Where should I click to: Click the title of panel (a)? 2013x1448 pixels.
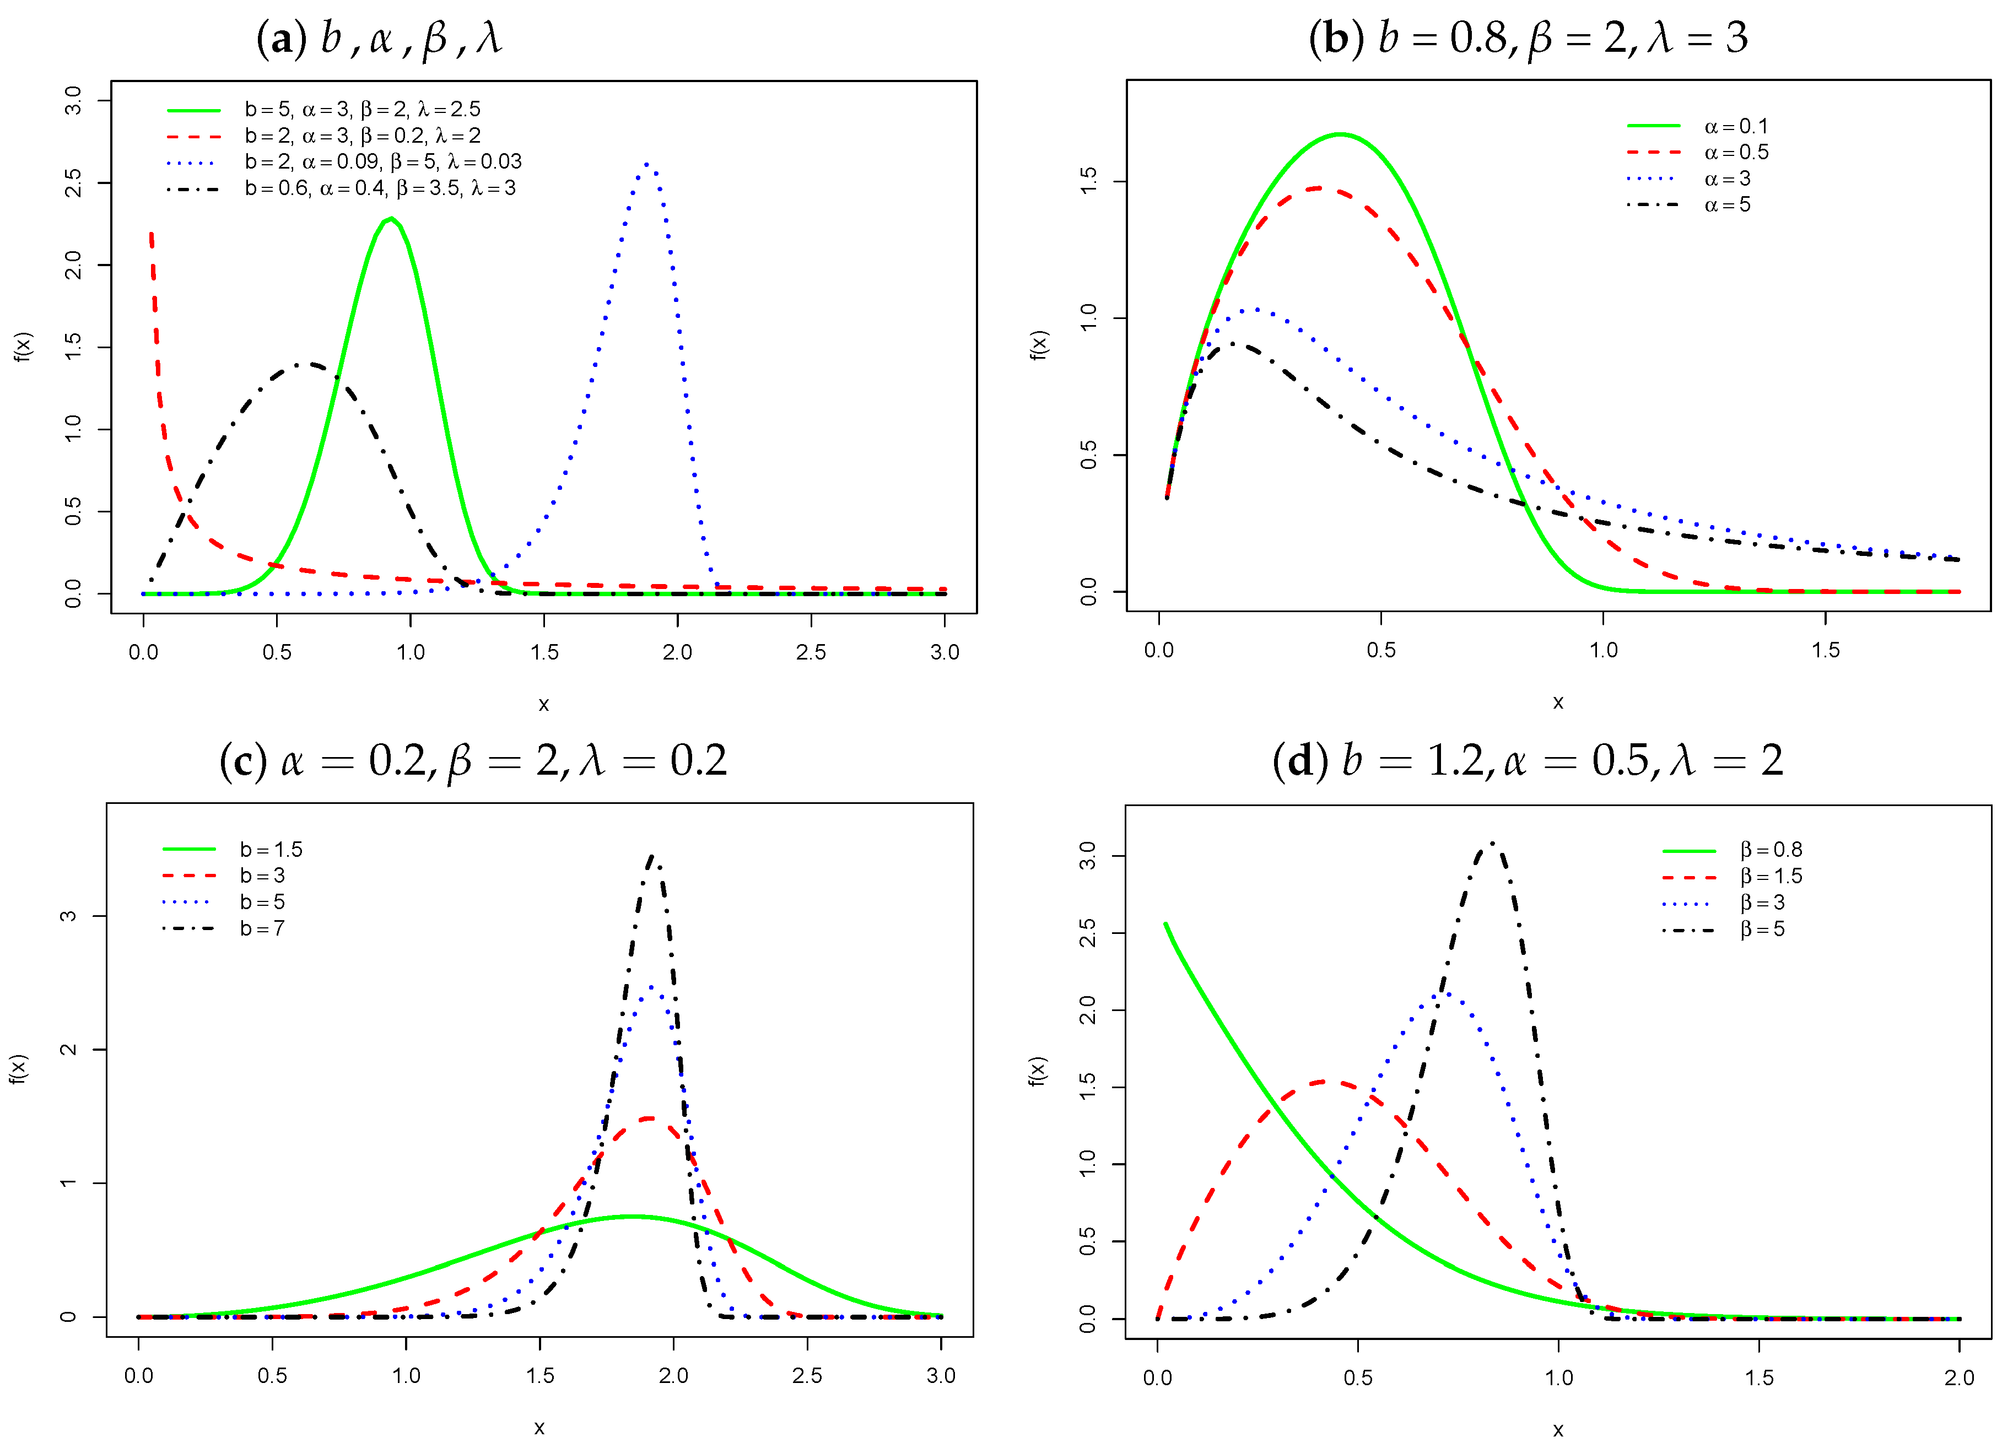(379, 38)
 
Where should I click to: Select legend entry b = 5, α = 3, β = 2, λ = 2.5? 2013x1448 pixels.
(362, 109)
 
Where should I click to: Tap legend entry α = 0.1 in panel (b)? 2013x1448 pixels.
(1735, 126)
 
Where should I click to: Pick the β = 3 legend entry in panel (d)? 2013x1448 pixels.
(1762, 903)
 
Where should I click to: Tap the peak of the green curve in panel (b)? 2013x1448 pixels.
(1340, 134)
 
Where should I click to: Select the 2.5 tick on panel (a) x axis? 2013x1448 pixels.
(811, 652)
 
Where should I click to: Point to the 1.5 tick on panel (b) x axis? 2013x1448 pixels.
(1825, 650)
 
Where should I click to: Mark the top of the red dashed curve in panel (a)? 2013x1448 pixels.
(151, 234)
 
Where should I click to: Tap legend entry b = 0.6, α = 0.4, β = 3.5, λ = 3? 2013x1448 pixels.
(380, 188)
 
